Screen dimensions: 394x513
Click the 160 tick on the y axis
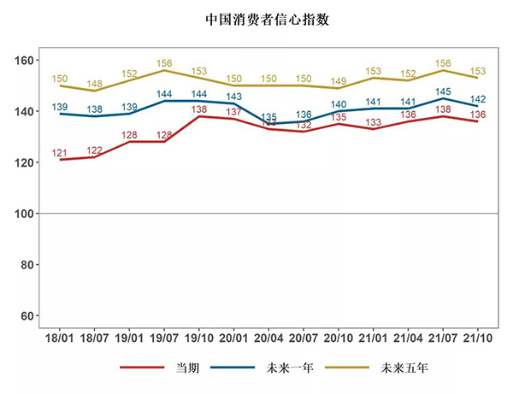(x=28, y=61)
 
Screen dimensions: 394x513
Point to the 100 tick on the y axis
(x=28, y=214)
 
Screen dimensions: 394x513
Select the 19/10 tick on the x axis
(x=199, y=340)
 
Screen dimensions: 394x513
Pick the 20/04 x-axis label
(x=268, y=340)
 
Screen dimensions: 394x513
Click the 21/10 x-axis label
(x=477, y=340)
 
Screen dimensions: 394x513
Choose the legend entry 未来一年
(x=291, y=368)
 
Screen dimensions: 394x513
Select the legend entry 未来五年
(x=404, y=368)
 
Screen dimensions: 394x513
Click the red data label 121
(x=60, y=153)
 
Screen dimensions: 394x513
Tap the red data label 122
(x=94, y=150)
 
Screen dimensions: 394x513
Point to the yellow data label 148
(x=94, y=84)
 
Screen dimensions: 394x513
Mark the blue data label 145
(x=443, y=91)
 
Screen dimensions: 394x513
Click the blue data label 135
(x=268, y=117)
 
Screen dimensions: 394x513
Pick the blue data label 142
(x=477, y=99)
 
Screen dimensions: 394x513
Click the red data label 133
(x=373, y=122)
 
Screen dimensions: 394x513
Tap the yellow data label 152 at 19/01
(x=129, y=74)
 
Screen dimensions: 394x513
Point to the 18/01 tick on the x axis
(x=60, y=340)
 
